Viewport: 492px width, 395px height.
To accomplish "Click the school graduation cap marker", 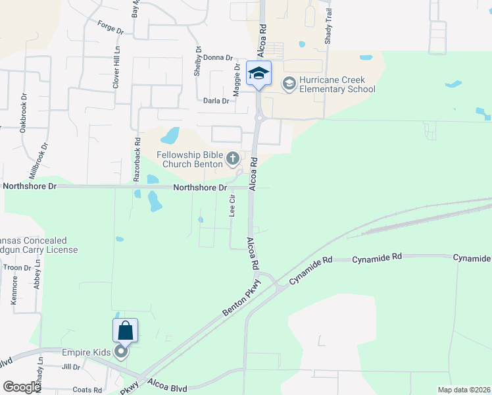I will pyautogui.click(x=258, y=73).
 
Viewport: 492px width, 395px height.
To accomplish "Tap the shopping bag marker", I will pyautogui.click(x=126, y=330).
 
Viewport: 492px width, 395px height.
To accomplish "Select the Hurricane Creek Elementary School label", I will pyautogui.click(x=337, y=85).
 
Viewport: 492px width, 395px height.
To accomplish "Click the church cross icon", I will pyautogui.click(x=232, y=158).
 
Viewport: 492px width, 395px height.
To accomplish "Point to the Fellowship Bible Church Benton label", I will pyautogui.click(x=190, y=159).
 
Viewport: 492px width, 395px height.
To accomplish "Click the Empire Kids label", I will pyautogui.click(x=86, y=353).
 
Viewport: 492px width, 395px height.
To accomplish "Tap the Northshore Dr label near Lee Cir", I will pyautogui.click(x=195, y=188).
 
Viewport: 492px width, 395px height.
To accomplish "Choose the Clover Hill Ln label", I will pyautogui.click(x=116, y=66).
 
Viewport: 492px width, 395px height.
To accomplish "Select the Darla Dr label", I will pyautogui.click(x=216, y=101).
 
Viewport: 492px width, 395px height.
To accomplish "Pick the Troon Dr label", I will pyautogui.click(x=18, y=268).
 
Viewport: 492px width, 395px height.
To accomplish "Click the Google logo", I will pyautogui.click(x=22, y=387).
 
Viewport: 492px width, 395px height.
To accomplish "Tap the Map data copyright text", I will pyautogui.click(x=463, y=390).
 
